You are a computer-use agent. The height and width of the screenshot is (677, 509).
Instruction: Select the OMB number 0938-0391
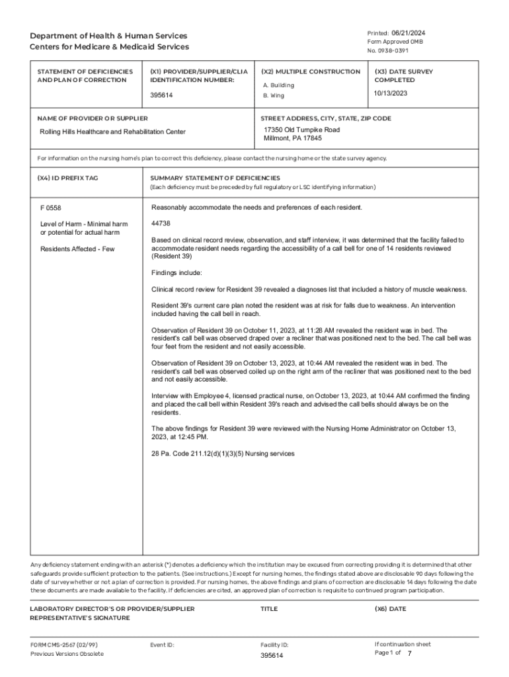pos(393,51)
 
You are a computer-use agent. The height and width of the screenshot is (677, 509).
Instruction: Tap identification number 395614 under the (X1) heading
pos(162,95)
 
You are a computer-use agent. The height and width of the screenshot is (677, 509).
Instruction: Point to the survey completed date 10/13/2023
pos(391,93)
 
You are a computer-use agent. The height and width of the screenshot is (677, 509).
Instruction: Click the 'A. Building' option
pos(278,85)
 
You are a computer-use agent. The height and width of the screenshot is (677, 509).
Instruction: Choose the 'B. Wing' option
pos(274,95)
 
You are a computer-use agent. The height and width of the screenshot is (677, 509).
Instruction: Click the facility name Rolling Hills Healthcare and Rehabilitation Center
pos(112,132)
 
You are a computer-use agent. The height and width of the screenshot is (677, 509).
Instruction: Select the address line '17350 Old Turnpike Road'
pos(301,130)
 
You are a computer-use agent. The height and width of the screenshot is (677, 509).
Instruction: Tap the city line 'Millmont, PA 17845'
pos(293,139)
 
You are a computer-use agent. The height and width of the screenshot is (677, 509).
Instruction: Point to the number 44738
pos(161,223)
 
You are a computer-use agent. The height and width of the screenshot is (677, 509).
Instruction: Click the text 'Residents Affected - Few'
pos(77,249)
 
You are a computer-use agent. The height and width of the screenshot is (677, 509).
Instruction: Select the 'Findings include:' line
pos(176,273)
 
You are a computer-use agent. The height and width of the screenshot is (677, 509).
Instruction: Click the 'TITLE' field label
pos(269,609)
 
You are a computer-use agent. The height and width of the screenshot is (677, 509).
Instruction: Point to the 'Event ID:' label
pos(162,645)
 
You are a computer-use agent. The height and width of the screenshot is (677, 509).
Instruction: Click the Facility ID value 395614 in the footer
pos(272,655)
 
